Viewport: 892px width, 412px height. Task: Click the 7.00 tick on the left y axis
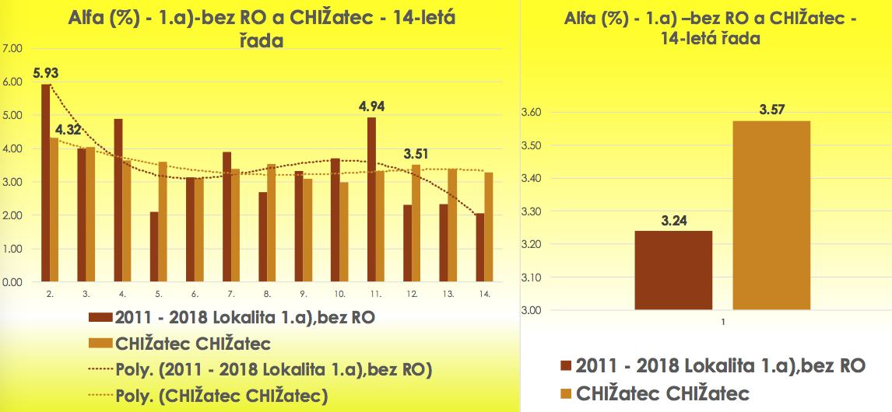(x=14, y=49)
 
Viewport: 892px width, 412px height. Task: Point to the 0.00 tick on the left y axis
(x=14, y=283)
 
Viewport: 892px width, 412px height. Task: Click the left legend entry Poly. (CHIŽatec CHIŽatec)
(x=220, y=395)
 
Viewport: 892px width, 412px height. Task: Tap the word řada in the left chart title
(x=259, y=40)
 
